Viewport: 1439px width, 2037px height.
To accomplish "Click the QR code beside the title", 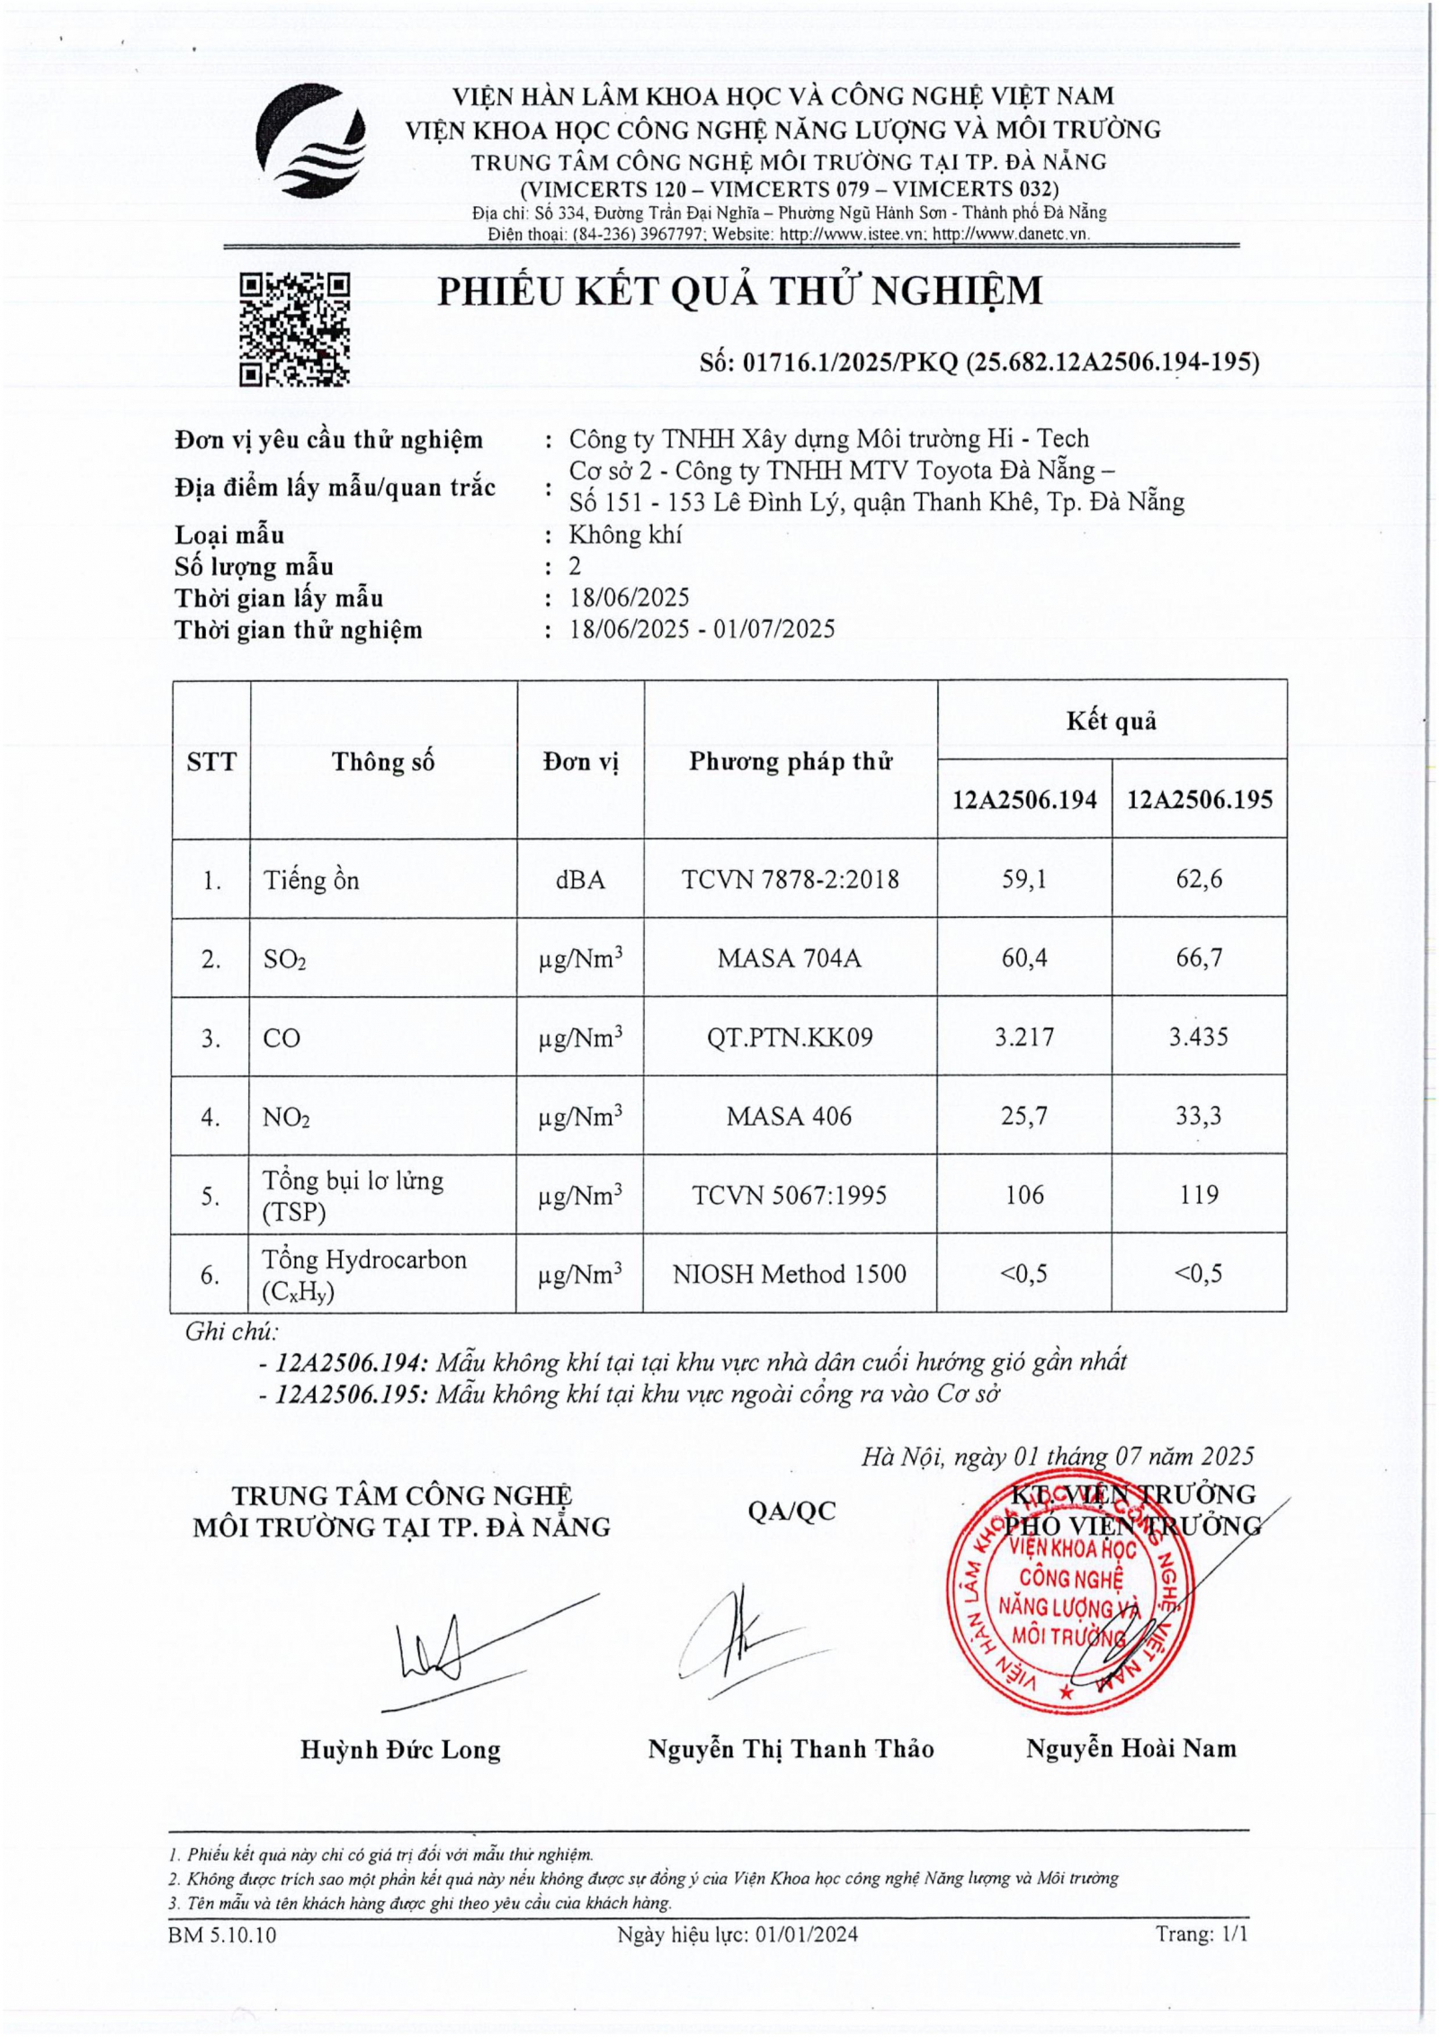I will (x=294, y=329).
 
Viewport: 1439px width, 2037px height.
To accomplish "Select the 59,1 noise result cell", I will (x=1024, y=879).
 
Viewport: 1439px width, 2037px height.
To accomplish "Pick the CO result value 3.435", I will (x=1199, y=1036).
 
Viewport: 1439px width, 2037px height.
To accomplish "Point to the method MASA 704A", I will (x=790, y=958).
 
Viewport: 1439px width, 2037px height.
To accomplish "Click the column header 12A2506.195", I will (x=1200, y=800).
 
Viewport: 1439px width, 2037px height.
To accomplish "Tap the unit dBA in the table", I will (x=580, y=879).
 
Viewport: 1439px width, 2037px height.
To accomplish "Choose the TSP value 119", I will (x=1199, y=1195).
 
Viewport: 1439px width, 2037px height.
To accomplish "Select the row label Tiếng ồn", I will (x=311, y=880).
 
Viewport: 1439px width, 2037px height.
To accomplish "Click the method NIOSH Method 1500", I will (x=790, y=1274).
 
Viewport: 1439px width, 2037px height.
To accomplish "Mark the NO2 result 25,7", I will (x=1024, y=1116).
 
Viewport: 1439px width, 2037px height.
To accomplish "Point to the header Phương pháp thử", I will (x=791, y=761).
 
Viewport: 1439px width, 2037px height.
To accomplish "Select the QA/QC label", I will (x=791, y=1511).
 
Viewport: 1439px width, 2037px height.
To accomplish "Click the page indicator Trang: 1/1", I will (x=1202, y=1934).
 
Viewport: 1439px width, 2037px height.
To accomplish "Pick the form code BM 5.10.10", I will (x=222, y=1934).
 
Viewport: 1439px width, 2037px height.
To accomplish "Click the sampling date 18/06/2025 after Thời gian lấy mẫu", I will (x=630, y=597).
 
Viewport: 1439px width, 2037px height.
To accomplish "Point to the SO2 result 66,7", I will (x=1199, y=957).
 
